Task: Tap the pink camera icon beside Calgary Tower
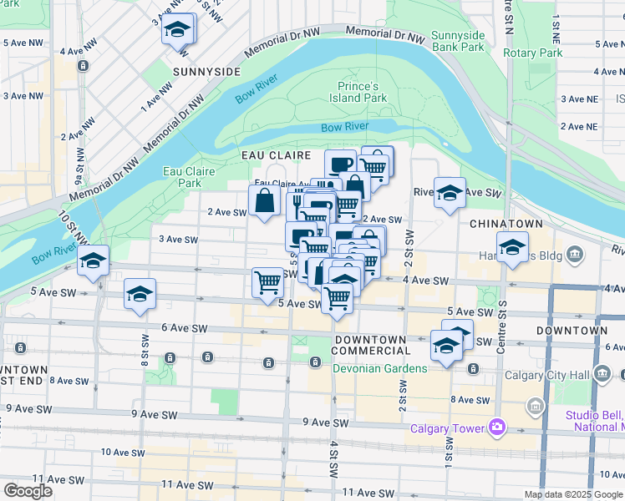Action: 497,428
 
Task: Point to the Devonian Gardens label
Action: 380,368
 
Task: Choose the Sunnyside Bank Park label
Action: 458,41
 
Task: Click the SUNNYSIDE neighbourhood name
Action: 206,72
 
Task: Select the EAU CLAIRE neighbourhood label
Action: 276,155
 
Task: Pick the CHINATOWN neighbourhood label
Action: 506,224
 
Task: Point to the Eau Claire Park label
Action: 190,177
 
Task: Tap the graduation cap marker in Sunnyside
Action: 176,31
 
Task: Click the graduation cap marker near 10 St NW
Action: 94,261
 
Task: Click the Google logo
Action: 28,490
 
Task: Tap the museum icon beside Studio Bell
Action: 535,407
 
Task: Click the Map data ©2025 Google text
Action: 573,494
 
